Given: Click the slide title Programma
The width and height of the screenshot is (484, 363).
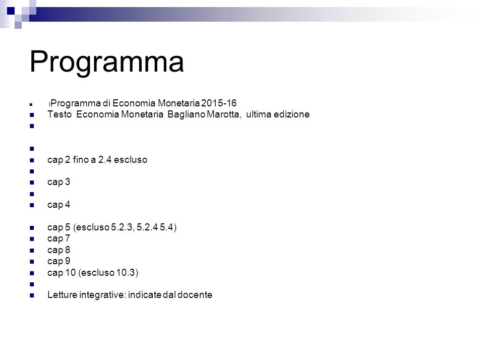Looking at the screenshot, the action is [106, 62].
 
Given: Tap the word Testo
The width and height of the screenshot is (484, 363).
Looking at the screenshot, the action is [59, 114].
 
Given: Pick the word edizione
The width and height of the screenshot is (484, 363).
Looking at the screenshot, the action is [292, 114].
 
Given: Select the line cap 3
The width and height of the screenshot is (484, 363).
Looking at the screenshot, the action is [58, 182].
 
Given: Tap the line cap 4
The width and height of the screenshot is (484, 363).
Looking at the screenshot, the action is [58, 205].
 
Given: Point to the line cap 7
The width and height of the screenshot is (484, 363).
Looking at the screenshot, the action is [58, 238].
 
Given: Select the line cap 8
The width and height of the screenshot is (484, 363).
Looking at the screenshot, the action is [58, 250].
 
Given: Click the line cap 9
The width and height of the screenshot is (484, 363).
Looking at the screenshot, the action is [58, 261].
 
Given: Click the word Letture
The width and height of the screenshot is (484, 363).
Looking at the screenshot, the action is [63, 295].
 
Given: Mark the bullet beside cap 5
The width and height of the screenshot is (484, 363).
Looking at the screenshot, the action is [32, 228].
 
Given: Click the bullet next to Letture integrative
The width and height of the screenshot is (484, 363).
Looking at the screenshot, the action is [32, 295].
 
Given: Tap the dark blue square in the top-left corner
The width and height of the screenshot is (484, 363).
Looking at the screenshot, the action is [11, 11].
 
